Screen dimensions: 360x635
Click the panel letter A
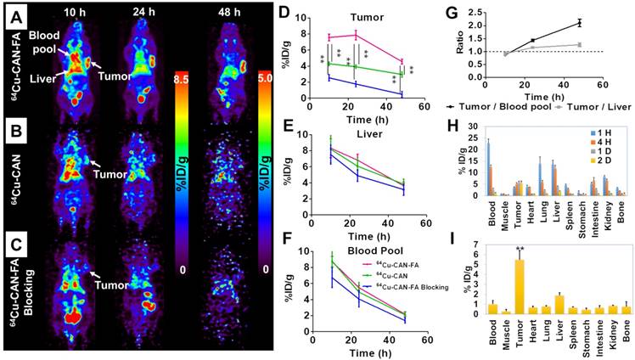tap(14, 15)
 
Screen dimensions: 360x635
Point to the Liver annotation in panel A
tap(45, 79)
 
